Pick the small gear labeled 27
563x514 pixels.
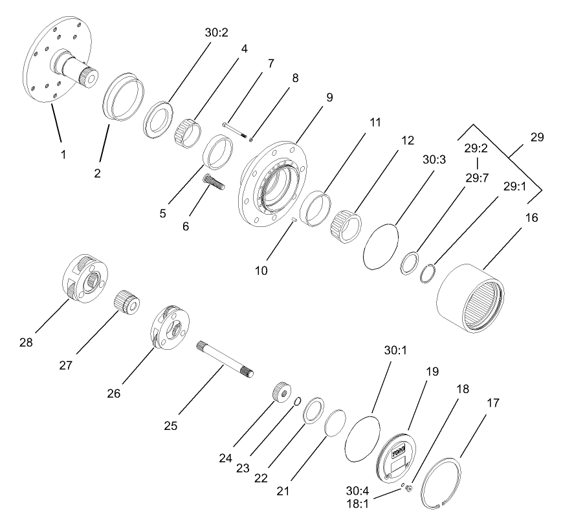127,302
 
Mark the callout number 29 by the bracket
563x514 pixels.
536,137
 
